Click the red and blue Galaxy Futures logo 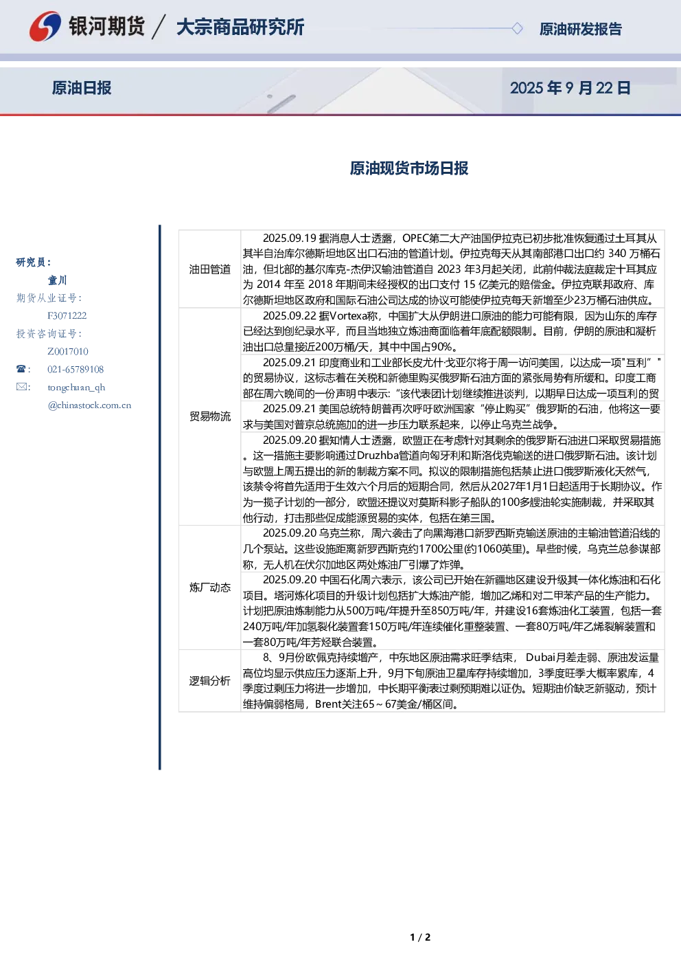point(45,27)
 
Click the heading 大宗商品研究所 point(240,27)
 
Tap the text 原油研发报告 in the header point(580,29)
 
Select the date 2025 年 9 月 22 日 point(570,88)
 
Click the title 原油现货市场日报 point(409,168)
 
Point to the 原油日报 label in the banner point(82,88)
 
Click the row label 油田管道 point(210,269)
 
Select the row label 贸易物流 point(210,416)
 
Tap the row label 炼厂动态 point(210,587)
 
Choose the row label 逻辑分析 point(210,680)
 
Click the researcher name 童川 point(57,280)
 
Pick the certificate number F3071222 point(67,315)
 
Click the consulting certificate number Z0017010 point(68,351)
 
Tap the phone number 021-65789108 point(76,369)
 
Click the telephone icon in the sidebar point(21,369)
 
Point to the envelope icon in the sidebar point(21,386)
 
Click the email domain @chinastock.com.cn point(89,405)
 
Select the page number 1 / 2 point(420,937)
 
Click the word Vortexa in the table point(354,316)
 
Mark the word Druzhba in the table point(378,456)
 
